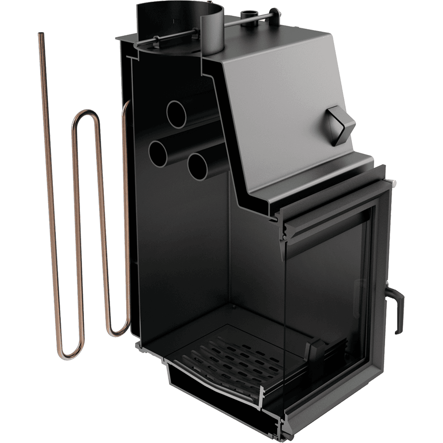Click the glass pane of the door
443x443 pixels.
328,288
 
